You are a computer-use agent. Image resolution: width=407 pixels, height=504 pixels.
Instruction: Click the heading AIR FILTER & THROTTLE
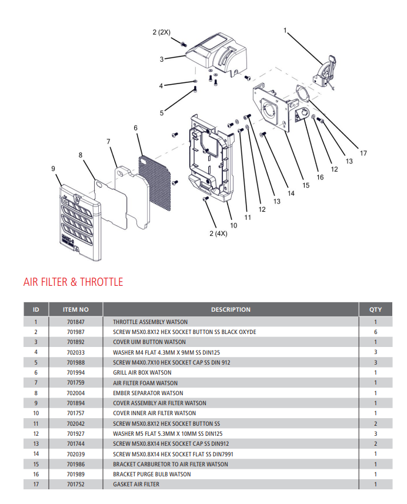tap(73, 282)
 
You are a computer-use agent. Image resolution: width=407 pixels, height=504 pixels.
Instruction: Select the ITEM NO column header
tap(76, 309)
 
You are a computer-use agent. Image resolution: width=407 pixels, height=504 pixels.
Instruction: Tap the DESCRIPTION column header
tap(231, 309)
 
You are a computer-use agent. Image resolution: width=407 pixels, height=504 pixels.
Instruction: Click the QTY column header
tap(375, 309)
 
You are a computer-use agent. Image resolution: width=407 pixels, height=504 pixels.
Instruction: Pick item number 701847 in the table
tap(76, 322)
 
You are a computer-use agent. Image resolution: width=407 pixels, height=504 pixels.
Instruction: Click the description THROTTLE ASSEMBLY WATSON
tap(150, 322)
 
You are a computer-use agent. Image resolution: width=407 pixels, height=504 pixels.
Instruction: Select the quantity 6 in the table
tap(375, 332)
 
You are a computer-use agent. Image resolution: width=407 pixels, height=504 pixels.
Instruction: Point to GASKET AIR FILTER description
tap(136, 485)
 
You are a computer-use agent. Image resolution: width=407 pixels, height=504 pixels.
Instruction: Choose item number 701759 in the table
tap(76, 383)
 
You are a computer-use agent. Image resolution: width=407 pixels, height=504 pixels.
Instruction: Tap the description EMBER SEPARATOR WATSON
tap(148, 393)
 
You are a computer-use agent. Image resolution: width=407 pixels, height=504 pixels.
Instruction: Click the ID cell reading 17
tap(36, 485)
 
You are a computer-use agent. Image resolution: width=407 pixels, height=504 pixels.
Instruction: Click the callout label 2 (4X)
tap(218, 234)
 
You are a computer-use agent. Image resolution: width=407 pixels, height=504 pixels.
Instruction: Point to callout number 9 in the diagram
tap(54, 169)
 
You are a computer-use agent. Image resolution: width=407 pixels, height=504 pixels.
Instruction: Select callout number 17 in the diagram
tap(363, 153)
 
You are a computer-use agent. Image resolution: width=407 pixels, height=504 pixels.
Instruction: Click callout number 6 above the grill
tap(135, 128)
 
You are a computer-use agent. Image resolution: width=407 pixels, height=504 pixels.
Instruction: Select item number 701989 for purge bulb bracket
tap(76, 474)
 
